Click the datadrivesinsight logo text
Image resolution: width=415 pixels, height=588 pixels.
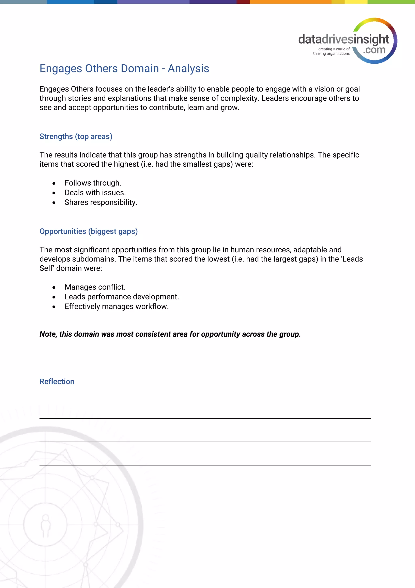[343, 39]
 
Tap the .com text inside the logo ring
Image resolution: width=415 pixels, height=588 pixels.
[374, 50]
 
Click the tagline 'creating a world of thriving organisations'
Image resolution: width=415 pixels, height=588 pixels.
[331, 51]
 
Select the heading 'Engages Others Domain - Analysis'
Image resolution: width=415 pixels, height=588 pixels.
[124, 69]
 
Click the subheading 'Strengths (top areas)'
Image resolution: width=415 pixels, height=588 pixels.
[76, 137]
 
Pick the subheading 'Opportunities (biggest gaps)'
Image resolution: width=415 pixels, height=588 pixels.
[89, 231]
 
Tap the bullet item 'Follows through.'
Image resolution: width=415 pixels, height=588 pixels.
[93, 183]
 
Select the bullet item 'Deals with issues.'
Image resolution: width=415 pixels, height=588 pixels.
[95, 193]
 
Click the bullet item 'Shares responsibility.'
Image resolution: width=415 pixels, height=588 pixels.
[101, 202]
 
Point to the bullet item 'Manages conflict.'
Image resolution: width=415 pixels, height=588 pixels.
[95, 287]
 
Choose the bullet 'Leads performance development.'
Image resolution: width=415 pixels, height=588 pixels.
[122, 297]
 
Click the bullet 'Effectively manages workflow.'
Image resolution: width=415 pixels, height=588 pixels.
[117, 306]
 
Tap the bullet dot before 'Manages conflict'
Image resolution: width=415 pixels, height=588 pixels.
[54, 288]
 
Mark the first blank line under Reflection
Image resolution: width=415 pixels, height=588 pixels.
[205, 418]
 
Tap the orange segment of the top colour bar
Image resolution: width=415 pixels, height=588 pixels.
[290, 2]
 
